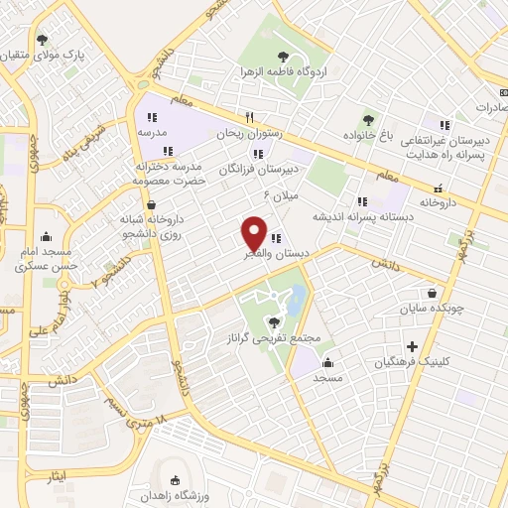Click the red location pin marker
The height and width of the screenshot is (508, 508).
pyautogui.click(x=255, y=233)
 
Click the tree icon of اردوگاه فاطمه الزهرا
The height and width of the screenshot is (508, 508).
pyautogui.click(x=285, y=56)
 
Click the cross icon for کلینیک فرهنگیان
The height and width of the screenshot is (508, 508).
pyautogui.click(x=410, y=347)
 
